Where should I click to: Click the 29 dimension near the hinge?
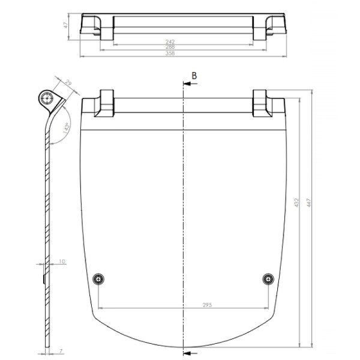pyautogui.click(x=69, y=83)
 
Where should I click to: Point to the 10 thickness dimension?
pyautogui.click(x=62, y=262)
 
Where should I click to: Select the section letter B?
pyautogui.click(x=194, y=75)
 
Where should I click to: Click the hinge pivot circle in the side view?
pyautogui.click(x=47, y=98)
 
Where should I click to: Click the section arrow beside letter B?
pyautogui.click(x=187, y=85)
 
